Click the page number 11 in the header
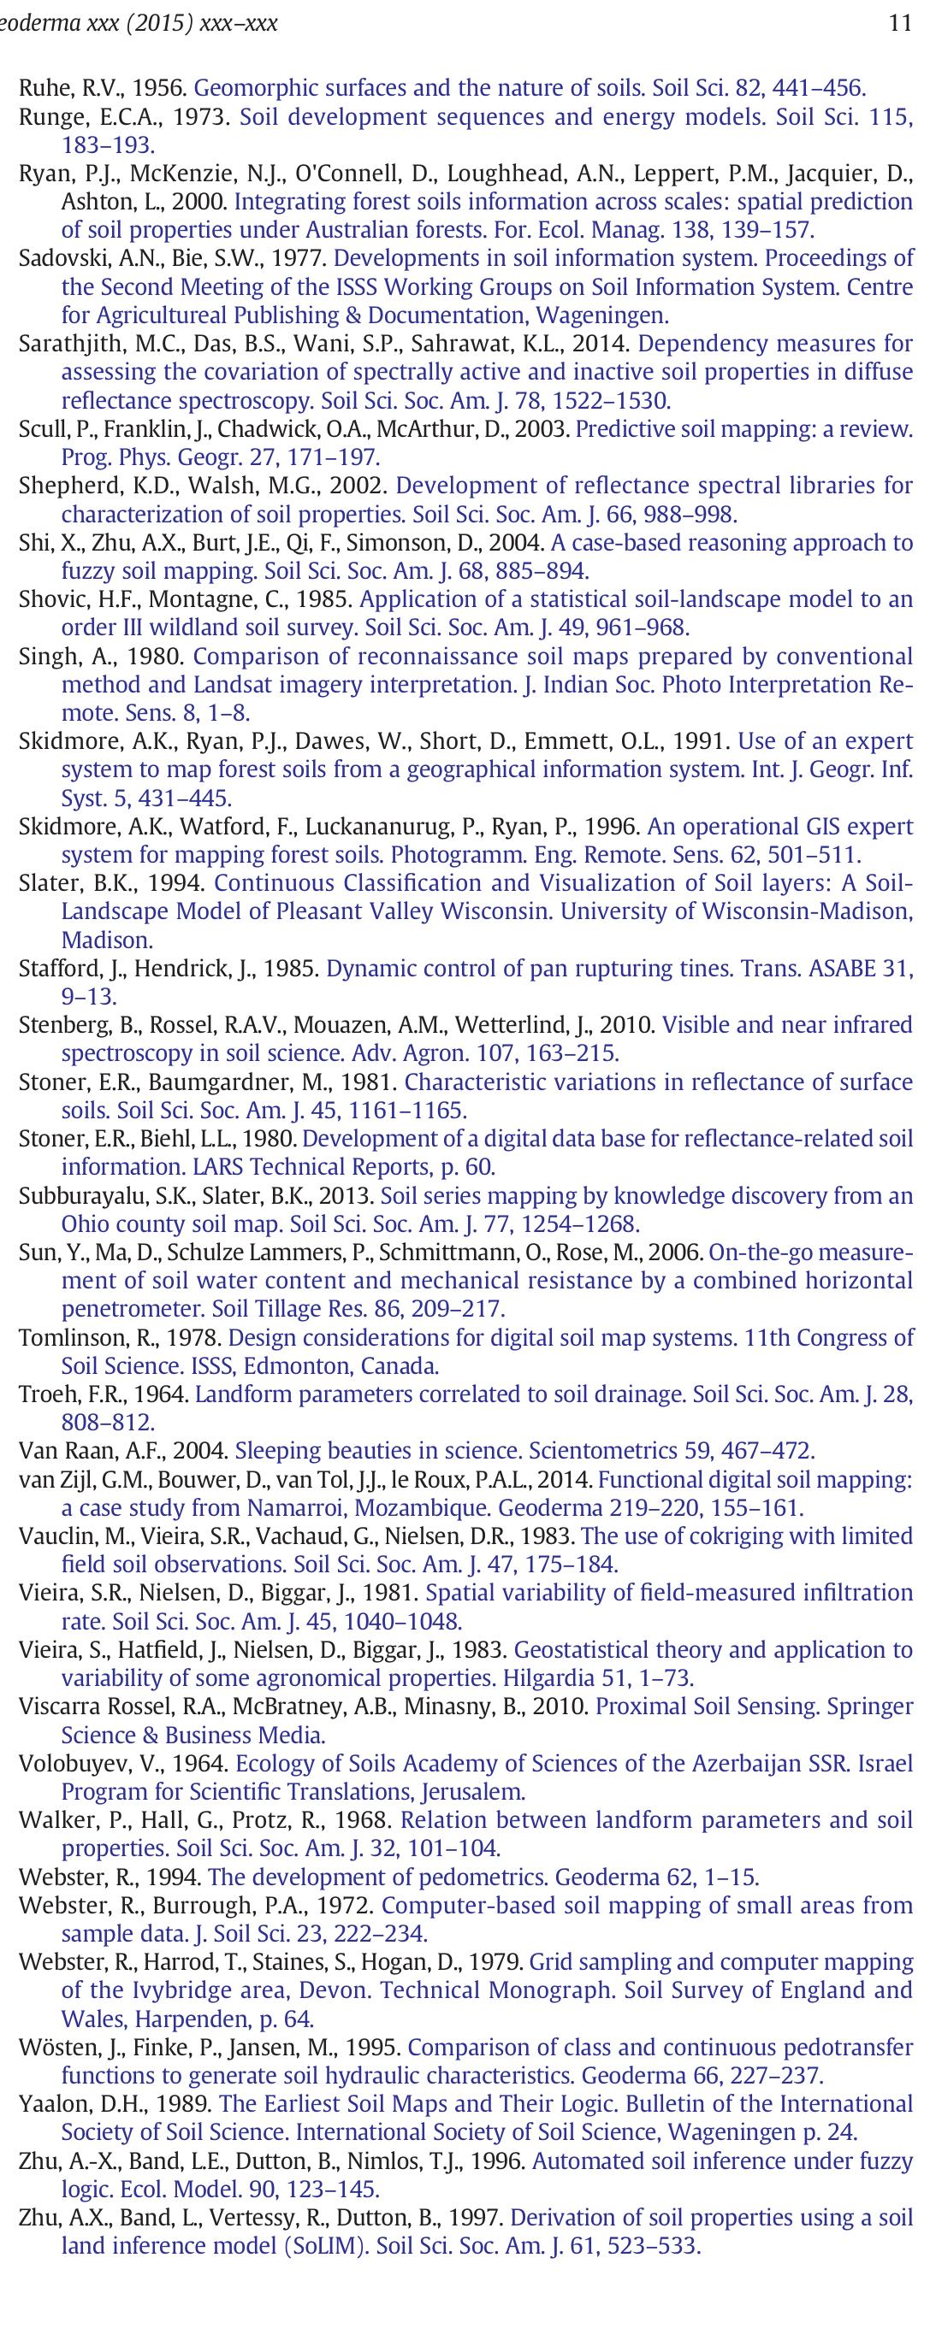[x=900, y=23]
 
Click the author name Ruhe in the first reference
[x=39, y=89]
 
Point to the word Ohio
[x=86, y=1223]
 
